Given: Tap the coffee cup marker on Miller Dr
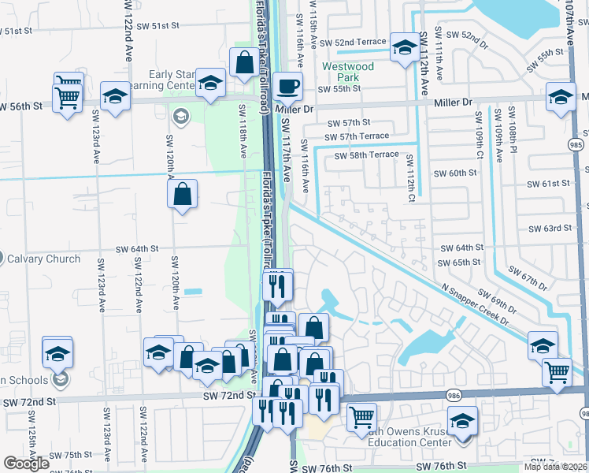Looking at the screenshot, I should (288, 86).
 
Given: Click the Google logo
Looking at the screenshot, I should (27, 464).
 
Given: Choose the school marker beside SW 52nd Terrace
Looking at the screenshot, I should (405, 48).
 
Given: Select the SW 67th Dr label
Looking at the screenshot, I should (527, 278).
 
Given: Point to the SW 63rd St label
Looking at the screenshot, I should (550, 229).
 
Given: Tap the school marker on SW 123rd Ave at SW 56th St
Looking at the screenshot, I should (115, 98).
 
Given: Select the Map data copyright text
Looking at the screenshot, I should (555, 467).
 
